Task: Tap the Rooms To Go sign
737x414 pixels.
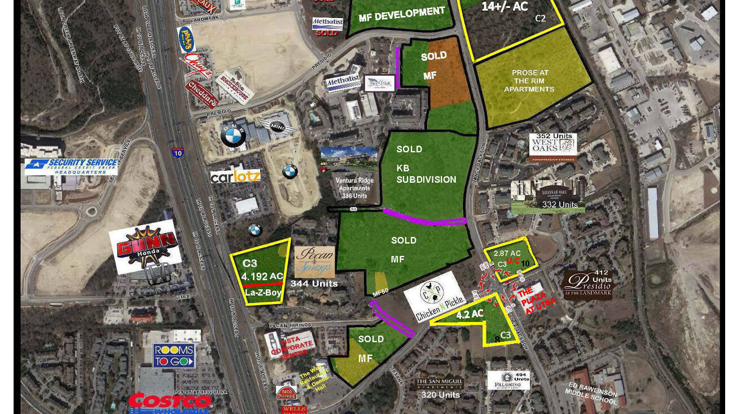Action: [174, 356]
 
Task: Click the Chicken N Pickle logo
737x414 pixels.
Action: [435, 297]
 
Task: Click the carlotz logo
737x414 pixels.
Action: [236, 176]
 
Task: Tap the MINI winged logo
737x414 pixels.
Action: [277, 126]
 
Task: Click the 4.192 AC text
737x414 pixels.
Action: [262, 276]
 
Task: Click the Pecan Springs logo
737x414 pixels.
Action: [314, 262]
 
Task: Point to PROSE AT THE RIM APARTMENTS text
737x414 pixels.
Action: [529, 81]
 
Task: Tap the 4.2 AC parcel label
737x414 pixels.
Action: [470, 314]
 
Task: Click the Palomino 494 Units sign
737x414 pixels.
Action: [508, 380]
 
